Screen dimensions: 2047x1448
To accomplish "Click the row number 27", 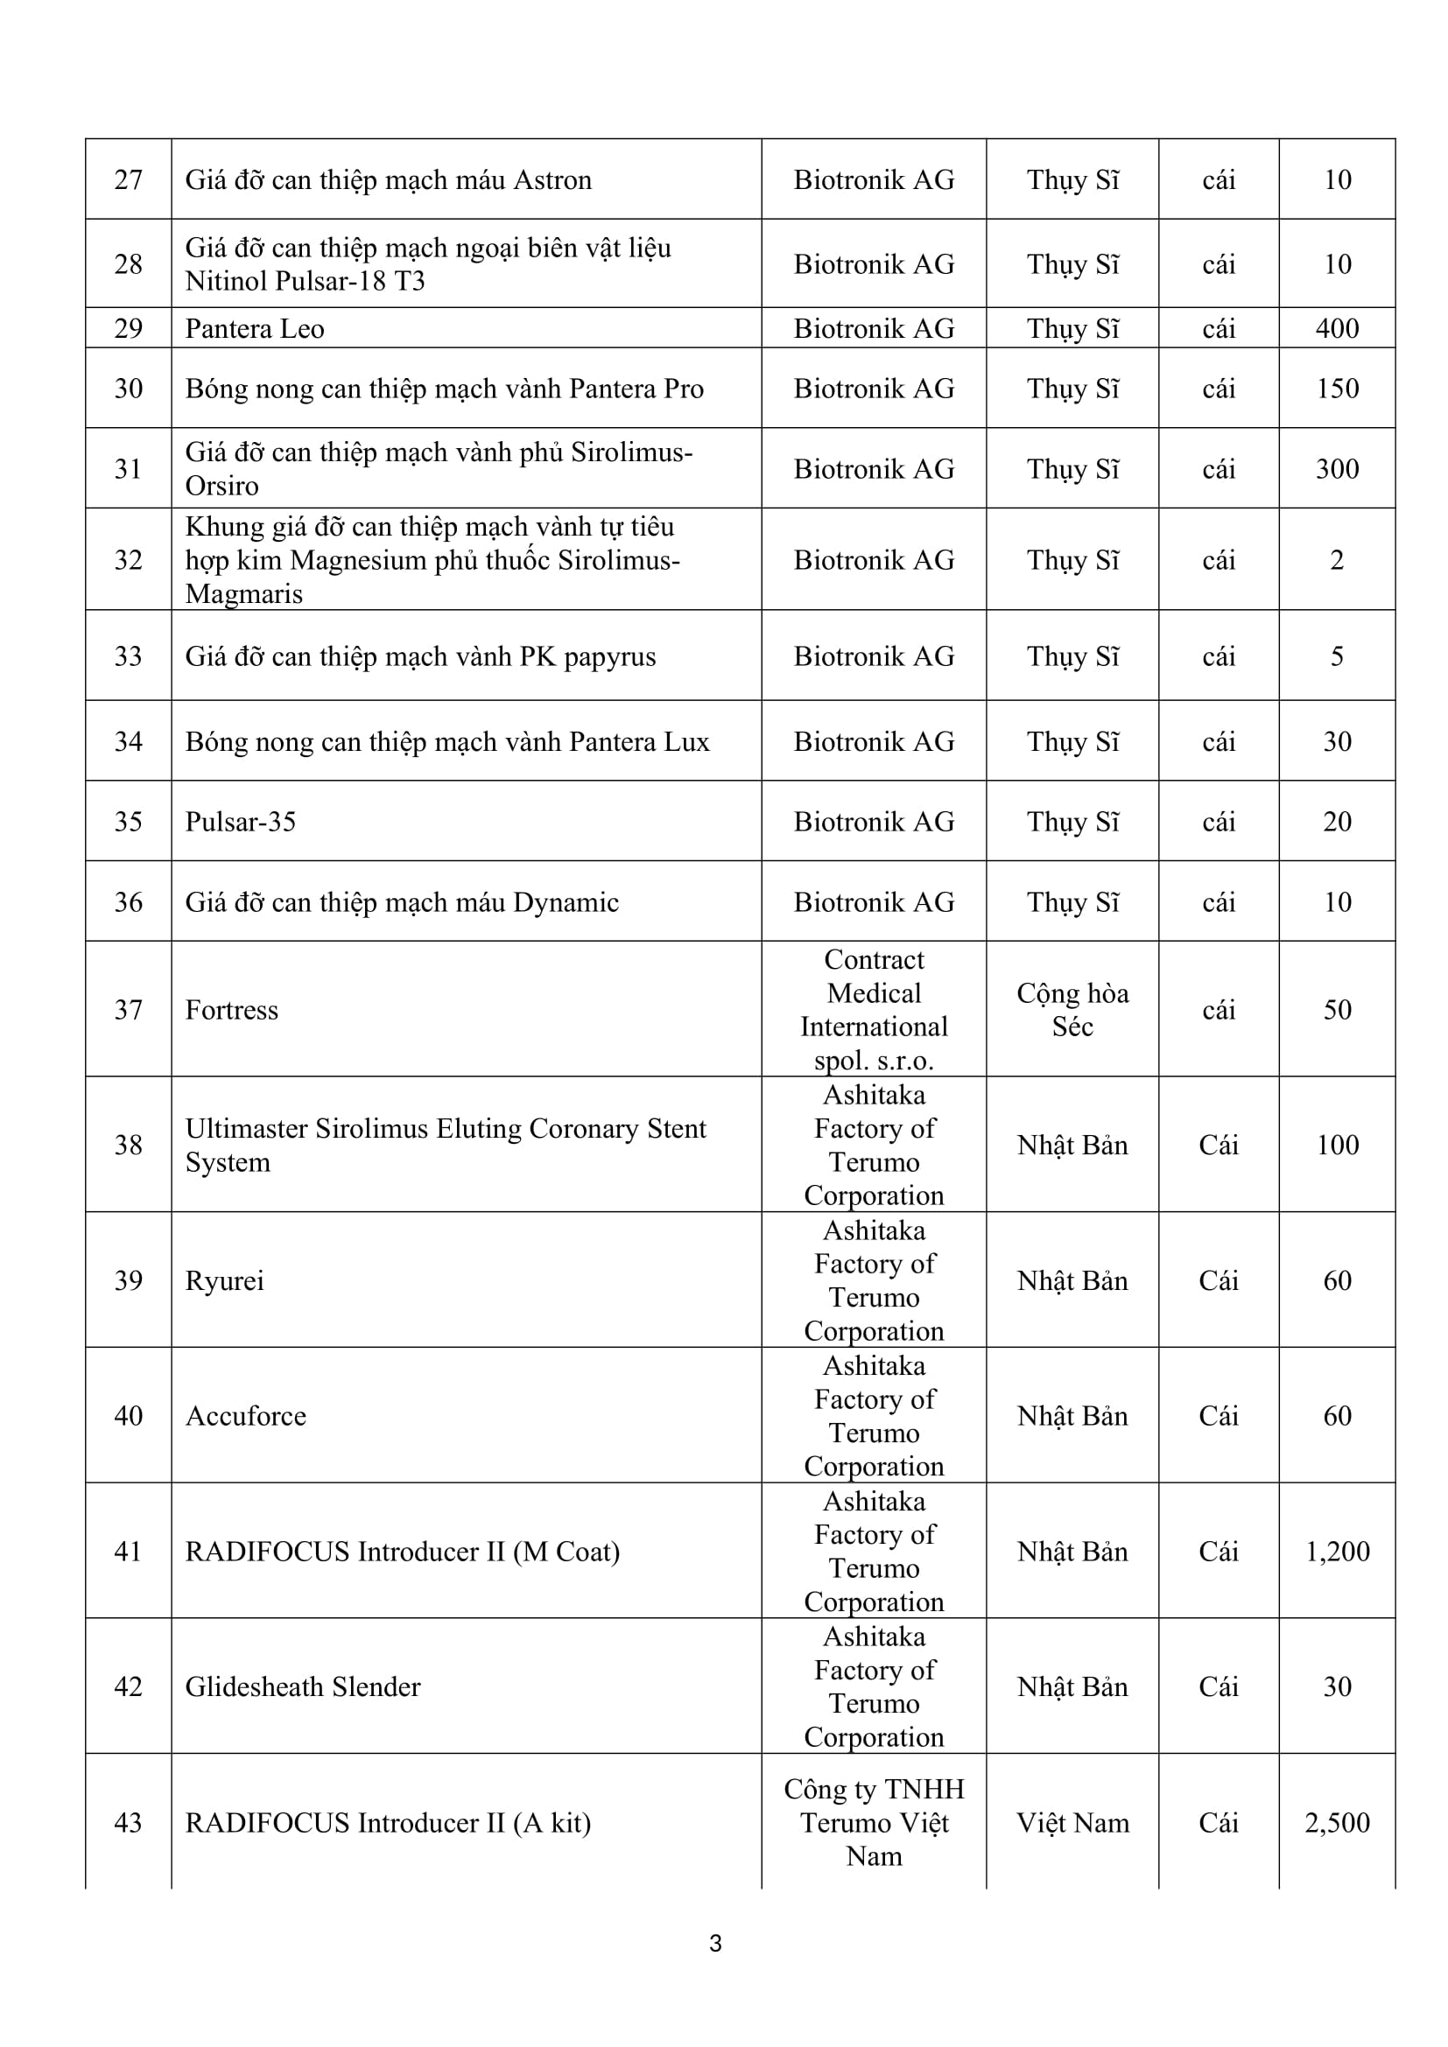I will pyautogui.click(x=129, y=180).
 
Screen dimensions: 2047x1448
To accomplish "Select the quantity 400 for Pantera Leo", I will pyautogui.click(x=1337, y=329).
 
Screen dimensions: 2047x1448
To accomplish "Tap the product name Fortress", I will pyautogui.click(x=232, y=1010).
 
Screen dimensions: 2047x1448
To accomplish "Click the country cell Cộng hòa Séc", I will pyautogui.click(x=1072, y=1010).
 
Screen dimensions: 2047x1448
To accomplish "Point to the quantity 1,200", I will pyautogui.click(x=1337, y=1553).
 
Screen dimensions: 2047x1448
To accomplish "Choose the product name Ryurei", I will pyautogui.click(x=225, y=1281).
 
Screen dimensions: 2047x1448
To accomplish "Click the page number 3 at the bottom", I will pyautogui.click(x=715, y=1944).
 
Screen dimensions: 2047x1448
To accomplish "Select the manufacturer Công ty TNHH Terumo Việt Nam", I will pyautogui.click(x=874, y=1822).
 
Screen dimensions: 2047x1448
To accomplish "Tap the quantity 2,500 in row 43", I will pyautogui.click(x=1337, y=1823).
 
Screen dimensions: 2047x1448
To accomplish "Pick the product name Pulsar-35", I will pyautogui.click(x=241, y=822).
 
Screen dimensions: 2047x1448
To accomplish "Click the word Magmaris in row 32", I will pyautogui.click(x=244, y=593).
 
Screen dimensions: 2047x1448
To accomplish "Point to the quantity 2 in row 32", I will pyautogui.click(x=1337, y=561).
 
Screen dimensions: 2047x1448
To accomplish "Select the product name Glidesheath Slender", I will pyautogui.click(x=303, y=1687).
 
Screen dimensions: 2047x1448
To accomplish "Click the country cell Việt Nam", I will pyautogui.click(x=1072, y=1823).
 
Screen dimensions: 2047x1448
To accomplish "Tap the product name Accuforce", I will pyautogui.click(x=246, y=1417).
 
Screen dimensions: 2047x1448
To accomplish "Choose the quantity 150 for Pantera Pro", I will pyautogui.click(x=1337, y=389).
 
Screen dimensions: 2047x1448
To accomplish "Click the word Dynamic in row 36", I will pyautogui.click(x=566, y=902).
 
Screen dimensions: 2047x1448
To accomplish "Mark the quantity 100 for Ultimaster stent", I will pyautogui.click(x=1337, y=1146).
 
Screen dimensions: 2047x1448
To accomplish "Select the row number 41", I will pyautogui.click(x=129, y=1553).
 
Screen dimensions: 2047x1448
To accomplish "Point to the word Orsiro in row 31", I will pyautogui.click(x=222, y=486).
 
